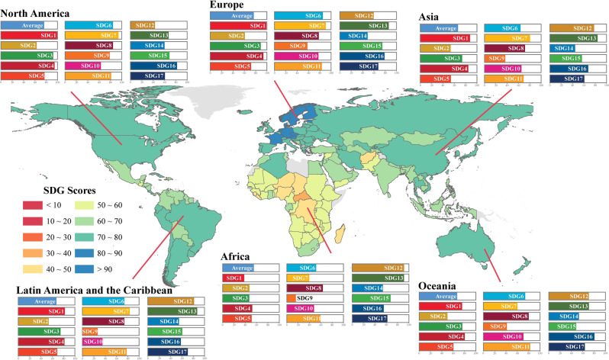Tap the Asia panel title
pyautogui.click(x=435, y=18)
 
